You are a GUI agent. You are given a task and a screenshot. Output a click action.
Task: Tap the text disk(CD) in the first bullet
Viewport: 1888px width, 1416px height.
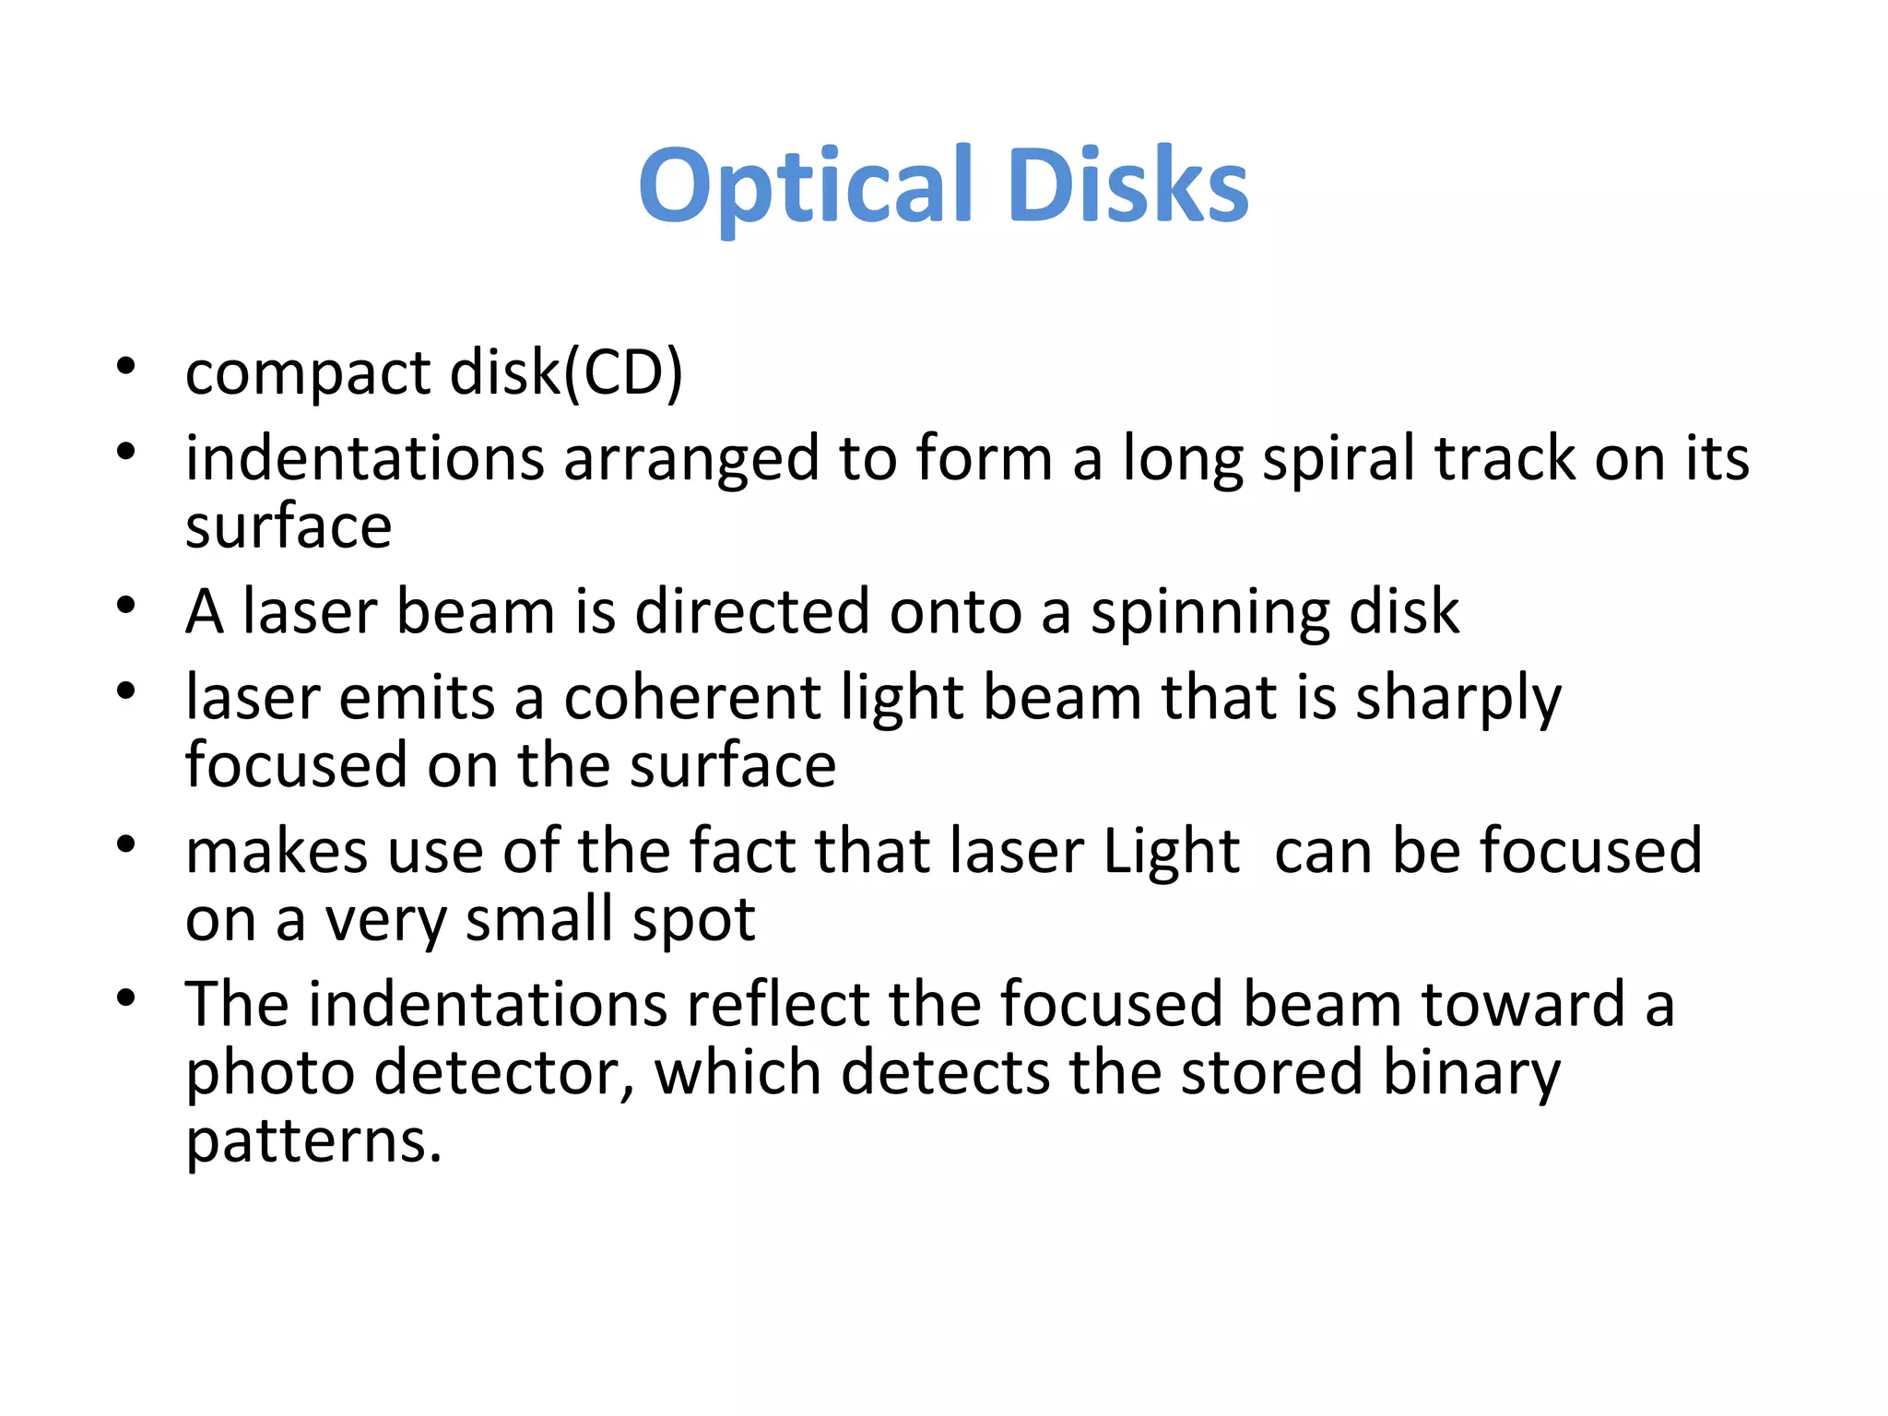pos(566,372)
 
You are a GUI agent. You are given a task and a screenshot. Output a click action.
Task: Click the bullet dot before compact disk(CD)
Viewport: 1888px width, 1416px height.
pos(126,366)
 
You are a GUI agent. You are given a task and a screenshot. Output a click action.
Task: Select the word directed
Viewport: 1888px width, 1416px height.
pos(751,612)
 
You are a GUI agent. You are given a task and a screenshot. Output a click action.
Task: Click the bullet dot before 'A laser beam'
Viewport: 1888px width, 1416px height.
pos(126,605)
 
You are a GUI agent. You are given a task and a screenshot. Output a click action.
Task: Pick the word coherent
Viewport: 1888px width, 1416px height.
pos(691,698)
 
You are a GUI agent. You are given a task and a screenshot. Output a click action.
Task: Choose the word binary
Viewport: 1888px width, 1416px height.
pos(1471,1075)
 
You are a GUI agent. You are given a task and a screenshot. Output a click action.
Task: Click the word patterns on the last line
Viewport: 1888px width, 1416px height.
pos(313,1144)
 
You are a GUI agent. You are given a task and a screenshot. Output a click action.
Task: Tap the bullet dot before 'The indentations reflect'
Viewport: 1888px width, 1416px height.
pos(126,997)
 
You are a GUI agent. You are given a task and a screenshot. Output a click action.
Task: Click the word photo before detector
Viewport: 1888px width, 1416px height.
pos(270,1075)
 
